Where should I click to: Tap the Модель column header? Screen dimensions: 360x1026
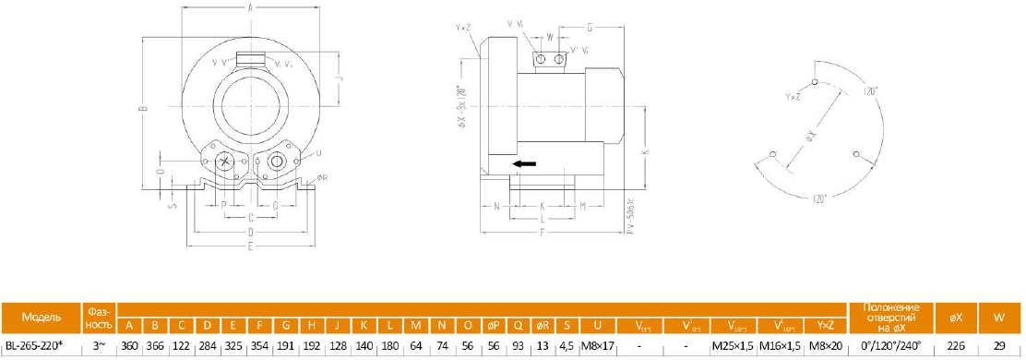click(42, 317)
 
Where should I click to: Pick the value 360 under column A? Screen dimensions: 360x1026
click(129, 345)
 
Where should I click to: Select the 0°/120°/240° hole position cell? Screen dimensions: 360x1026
click(890, 345)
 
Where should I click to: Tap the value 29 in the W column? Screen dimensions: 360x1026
click(999, 345)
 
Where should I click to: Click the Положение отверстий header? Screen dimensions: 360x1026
click(890, 317)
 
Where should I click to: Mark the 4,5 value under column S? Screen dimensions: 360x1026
click(567, 345)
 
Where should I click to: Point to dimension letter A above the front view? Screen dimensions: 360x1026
click(251, 7)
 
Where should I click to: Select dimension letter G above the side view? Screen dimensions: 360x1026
click(590, 28)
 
